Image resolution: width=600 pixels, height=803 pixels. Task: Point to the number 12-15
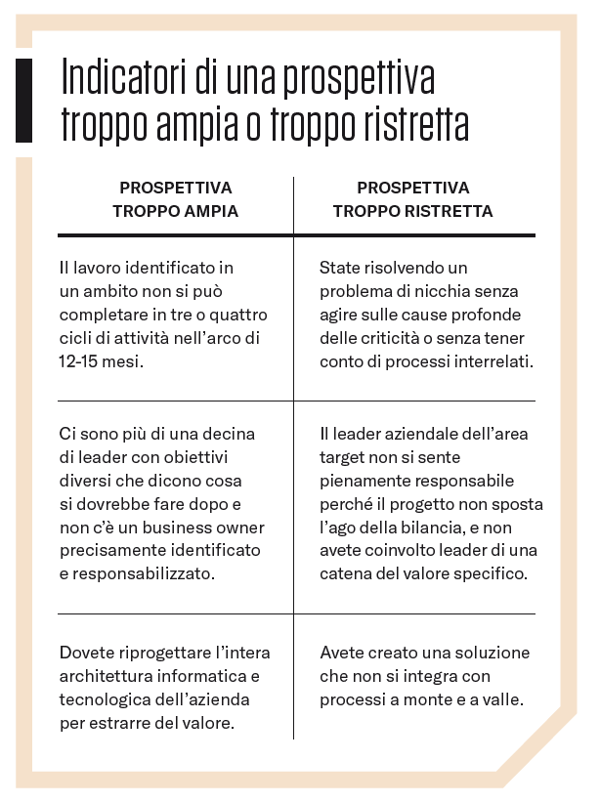point(82,360)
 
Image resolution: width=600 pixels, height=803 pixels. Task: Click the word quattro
point(240,314)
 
